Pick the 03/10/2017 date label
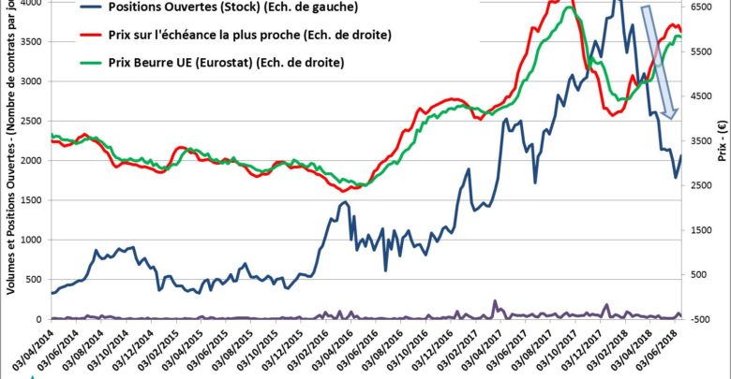tap(562, 351)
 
